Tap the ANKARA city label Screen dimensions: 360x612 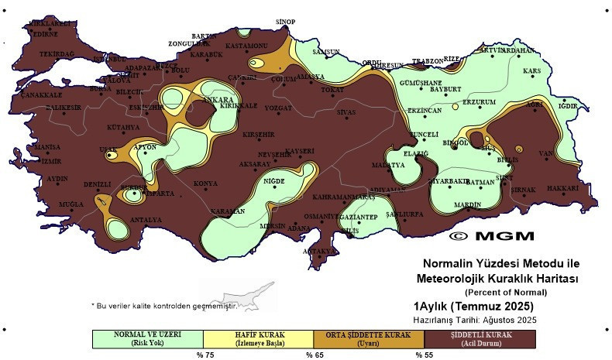pyautogui.click(x=218, y=100)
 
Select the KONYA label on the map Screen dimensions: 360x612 pyautogui.click(x=205, y=183)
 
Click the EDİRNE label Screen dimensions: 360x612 pyautogui.click(x=44, y=34)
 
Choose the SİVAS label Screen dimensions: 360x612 pyautogui.click(x=346, y=112)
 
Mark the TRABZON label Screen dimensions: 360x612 pyautogui.click(x=427, y=61)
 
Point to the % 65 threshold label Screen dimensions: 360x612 pyautogui.click(x=314, y=355)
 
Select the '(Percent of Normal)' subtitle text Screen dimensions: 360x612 pyautogui.click(x=506, y=292)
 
